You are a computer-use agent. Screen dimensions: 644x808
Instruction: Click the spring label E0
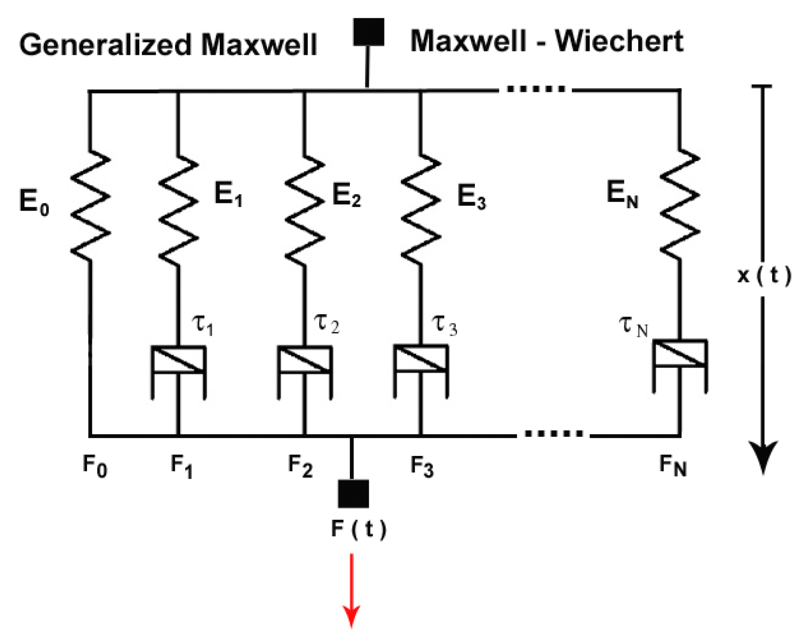tap(34, 202)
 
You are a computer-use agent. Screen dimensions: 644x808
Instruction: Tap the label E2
tap(346, 197)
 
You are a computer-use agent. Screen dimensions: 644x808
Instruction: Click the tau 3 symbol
tap(445, 325)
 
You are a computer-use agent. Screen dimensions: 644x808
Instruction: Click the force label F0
tap(95, 466)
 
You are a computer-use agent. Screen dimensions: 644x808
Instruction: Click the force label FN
tap(673, 466)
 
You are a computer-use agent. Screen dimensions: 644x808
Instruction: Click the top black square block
tap(369, 32)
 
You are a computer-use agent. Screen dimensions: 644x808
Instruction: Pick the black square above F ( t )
tap(353, 493)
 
